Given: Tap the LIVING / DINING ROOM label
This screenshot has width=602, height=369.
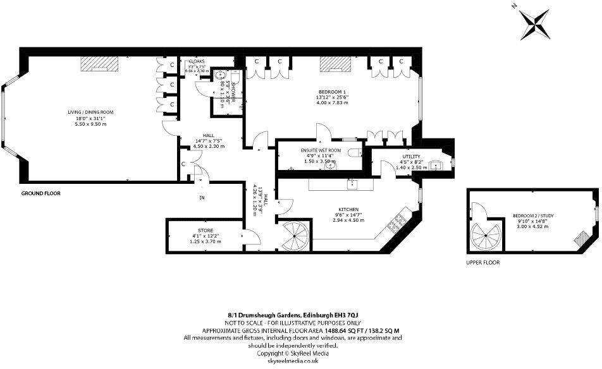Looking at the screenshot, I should (94, 112).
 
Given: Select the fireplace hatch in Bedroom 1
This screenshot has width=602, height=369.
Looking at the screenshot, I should (336, 63).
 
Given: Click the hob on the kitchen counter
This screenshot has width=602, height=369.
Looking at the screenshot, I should (400, 222).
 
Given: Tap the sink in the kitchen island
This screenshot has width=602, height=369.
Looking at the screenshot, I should (353, 184).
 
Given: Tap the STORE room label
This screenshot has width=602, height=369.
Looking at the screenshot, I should (205, 231).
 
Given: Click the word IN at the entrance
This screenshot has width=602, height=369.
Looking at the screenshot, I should (202, 197).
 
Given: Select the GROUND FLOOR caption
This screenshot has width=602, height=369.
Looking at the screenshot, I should (41, 193).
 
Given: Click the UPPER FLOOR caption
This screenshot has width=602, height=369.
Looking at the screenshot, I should (482, 262).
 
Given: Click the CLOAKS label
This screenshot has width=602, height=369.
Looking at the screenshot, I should (197, 61).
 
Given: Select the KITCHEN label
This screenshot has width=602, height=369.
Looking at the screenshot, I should (348, 209).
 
